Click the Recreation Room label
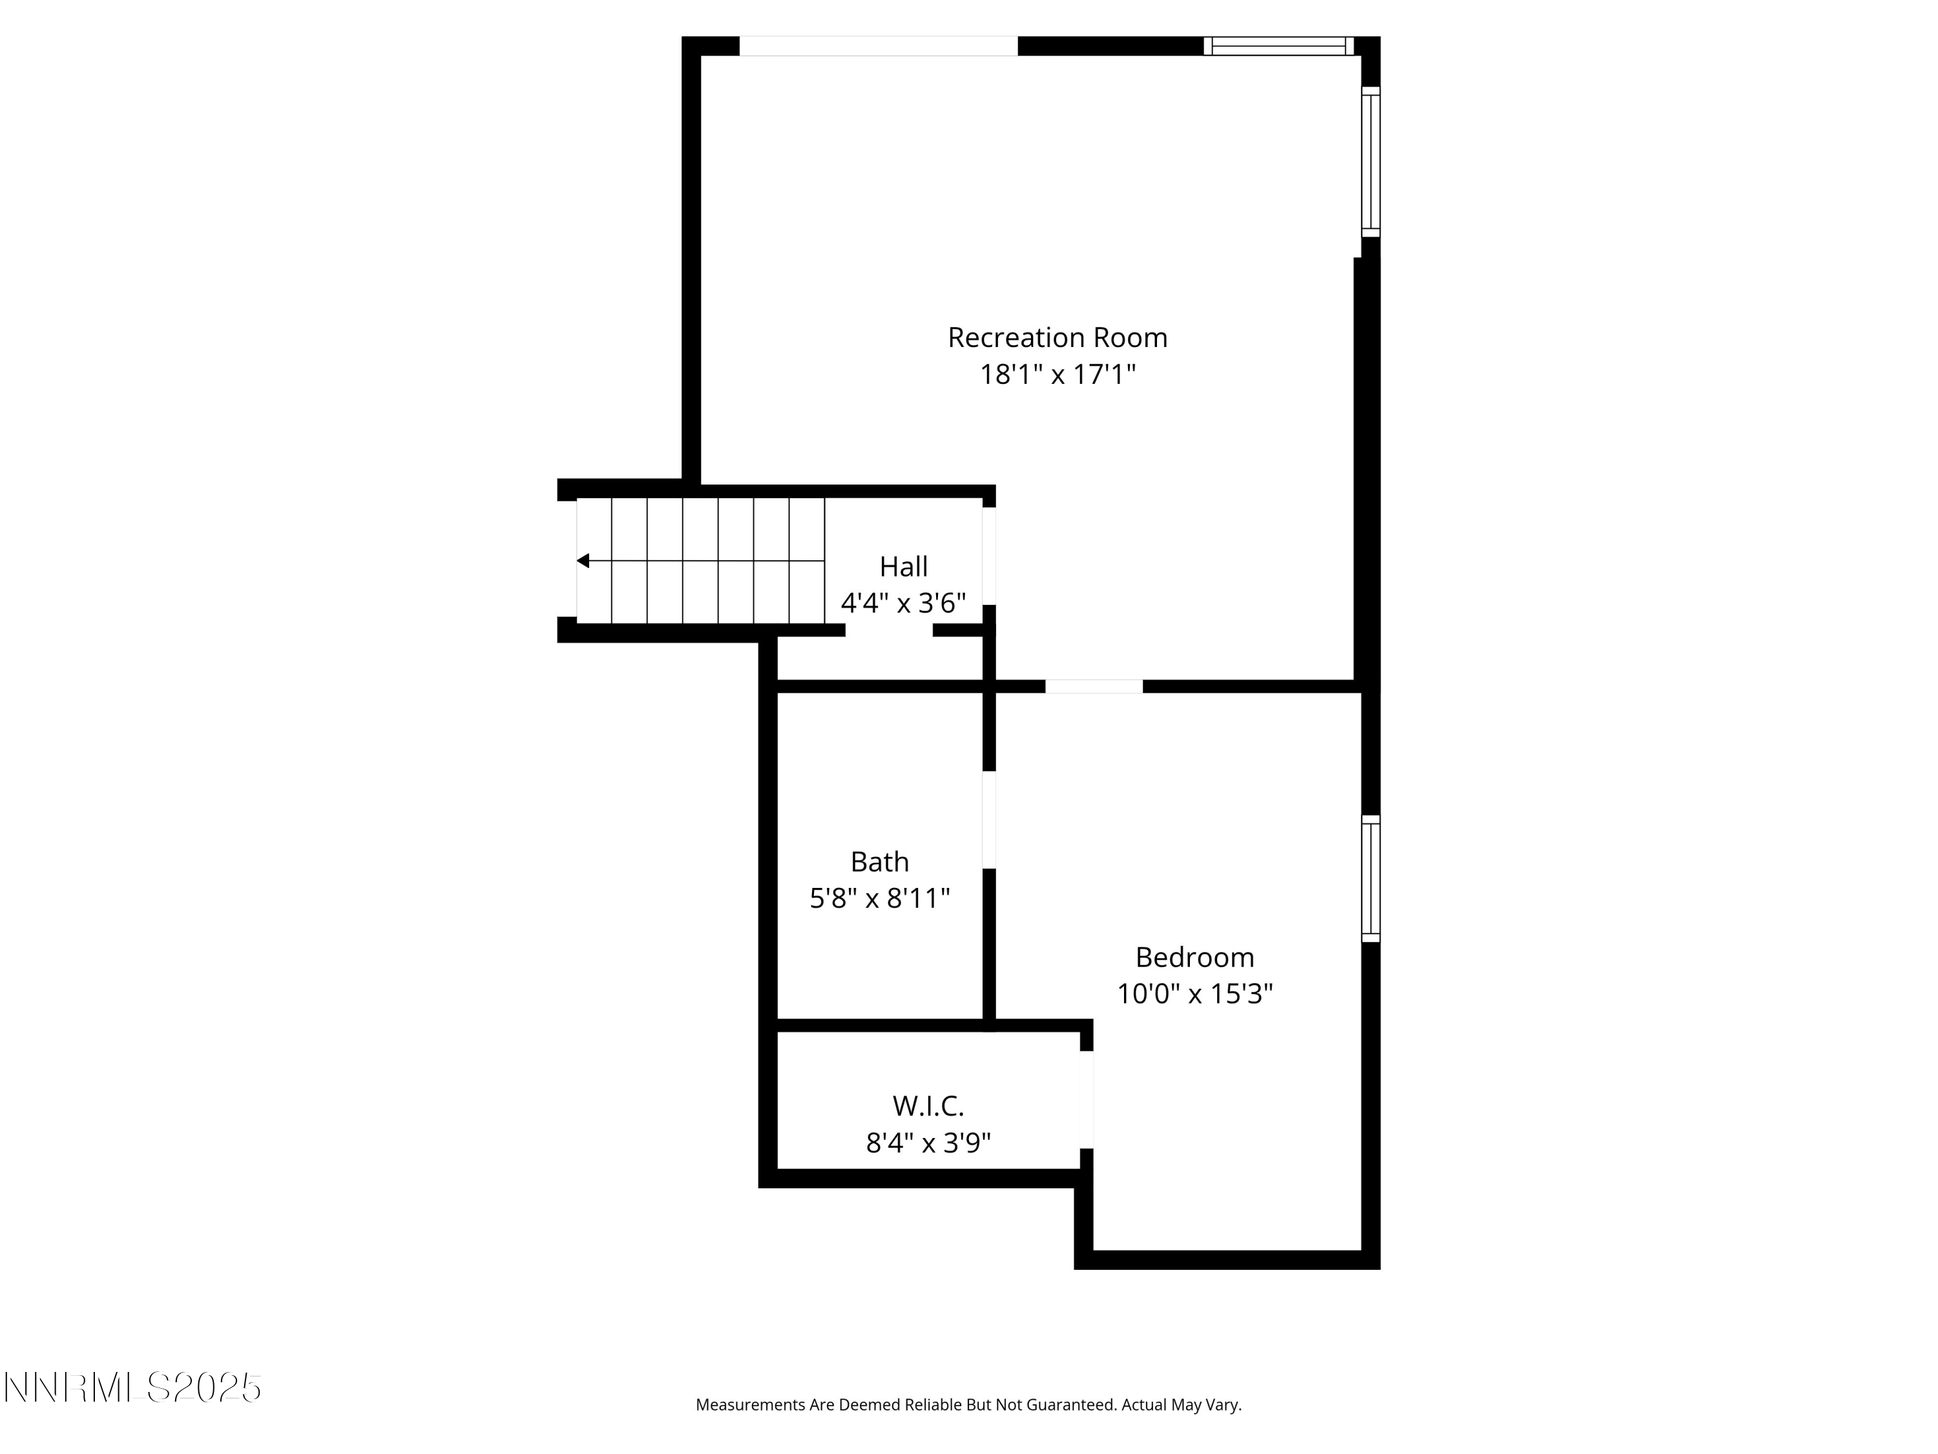(1057, 337)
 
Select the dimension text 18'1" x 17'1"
(1057, 375)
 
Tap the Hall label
(903, 567)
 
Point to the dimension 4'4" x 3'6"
(903, 603)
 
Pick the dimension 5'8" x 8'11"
(880, 898)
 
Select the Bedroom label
(1194, 957)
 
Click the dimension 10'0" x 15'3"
(1194, 994)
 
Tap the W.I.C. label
(928, 1106)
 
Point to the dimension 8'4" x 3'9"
(928, 1143)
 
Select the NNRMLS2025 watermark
(133, 1388)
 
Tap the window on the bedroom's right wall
(1370, 879)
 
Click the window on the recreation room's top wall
(1278, 46)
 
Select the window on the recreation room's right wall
(1370, 162)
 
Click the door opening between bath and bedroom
(989, 819)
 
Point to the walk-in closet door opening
(1087, 1099)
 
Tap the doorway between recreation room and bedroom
(1094, 686)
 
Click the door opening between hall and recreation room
(989, 556)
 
